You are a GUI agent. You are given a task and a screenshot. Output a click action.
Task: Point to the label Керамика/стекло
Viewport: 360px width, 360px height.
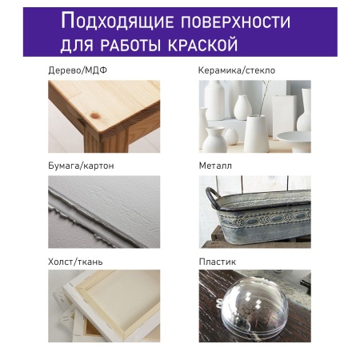[x=236, y=70]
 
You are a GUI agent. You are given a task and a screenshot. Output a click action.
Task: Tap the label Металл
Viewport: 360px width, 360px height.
[x=214, y=166]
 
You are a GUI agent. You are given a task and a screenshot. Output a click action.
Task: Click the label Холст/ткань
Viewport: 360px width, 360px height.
[x=75, y=262]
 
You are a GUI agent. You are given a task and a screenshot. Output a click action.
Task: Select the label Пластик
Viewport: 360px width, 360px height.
[x=216, y=262]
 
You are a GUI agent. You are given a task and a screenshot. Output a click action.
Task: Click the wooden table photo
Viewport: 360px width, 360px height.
[x=104, y=116]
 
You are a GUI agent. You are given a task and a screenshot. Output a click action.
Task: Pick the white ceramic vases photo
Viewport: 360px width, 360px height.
[x=254, y=116]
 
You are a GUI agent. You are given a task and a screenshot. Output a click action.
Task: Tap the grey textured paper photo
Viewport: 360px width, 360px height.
[x=104, y=212]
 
